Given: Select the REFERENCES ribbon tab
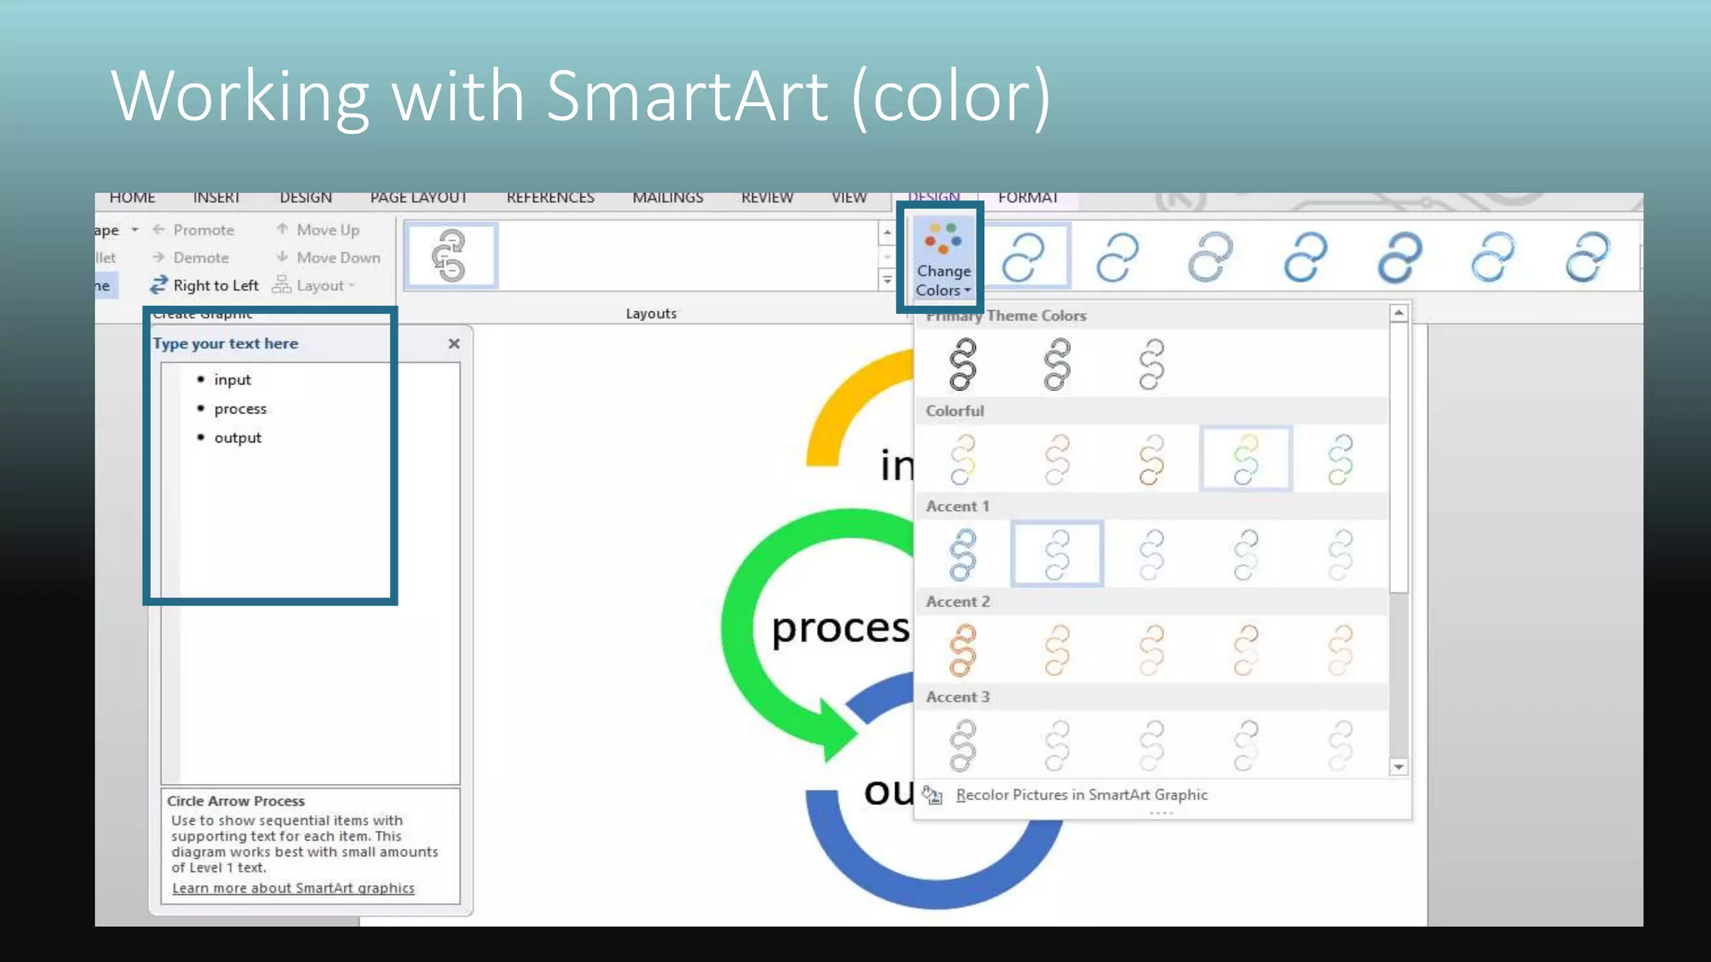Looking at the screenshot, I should coord(550,198).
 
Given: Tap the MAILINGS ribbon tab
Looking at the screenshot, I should coord(668,198).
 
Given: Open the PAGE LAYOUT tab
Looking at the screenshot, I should coord(418,198).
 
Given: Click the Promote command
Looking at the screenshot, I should coord(203,230).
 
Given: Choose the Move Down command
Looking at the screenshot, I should coord(338,257).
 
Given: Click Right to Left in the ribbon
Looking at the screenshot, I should coord(215,286).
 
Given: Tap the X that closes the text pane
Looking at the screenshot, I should coord(454,343).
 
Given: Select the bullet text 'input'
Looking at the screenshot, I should coord(232,380).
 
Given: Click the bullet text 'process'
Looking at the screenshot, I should coord(240,409).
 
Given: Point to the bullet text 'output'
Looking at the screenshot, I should coord(237,438).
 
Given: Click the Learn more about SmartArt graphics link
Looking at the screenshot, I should coord(292,889).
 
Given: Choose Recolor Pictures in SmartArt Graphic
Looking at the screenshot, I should coord(1081,795).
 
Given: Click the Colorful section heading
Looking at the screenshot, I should coord(954,411).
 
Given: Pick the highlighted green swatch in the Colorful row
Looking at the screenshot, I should coord(1245,458).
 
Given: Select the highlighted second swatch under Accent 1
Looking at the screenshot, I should coord(1057,554).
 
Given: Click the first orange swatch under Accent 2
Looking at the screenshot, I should coord(962,650).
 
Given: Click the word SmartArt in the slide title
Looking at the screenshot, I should coord(687,96).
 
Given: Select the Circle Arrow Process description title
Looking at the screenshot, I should coord(236,801).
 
